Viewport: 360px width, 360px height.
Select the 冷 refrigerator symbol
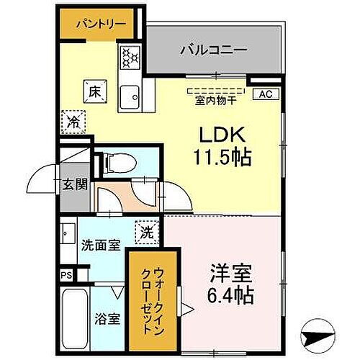[73, 121]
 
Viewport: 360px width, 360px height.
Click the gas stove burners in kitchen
[130, 56]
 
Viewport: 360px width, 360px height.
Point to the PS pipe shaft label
[66, 274]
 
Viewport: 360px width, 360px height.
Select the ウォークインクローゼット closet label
[145, 294]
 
